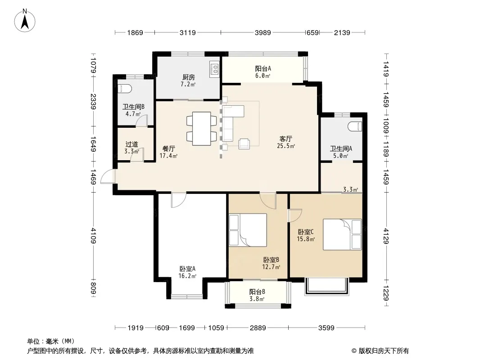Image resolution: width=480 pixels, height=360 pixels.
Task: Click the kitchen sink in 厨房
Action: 214,69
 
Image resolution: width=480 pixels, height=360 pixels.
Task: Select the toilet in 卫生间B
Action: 125,89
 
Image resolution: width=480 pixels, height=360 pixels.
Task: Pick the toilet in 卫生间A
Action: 355,126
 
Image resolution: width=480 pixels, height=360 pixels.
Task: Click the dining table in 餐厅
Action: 202,129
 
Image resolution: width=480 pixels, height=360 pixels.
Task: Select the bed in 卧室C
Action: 343,234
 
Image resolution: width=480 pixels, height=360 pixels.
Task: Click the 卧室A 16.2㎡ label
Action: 187,272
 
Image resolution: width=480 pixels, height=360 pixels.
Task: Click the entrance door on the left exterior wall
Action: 108,176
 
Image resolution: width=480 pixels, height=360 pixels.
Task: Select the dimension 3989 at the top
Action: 263,32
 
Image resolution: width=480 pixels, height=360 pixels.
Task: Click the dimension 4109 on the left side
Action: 94,235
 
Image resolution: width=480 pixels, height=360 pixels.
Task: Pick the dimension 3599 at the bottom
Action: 326,328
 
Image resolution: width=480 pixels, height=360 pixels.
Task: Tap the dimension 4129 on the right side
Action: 386,236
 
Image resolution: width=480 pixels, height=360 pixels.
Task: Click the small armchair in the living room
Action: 244,144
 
